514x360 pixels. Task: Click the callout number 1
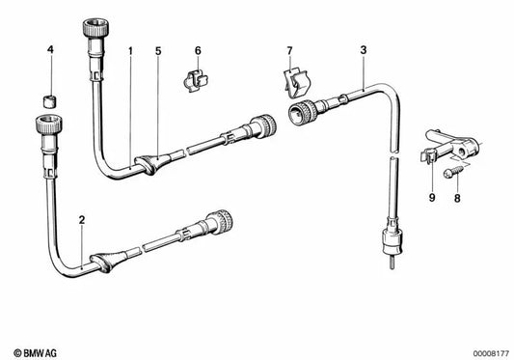(x=130, y=51)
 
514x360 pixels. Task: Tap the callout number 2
(x=82, y=220)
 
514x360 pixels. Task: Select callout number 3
(x=364, y=50)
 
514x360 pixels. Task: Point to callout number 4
(x=50, y=50)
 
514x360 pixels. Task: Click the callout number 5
(x=158, y=51)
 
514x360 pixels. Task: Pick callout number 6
(x=198, y=51)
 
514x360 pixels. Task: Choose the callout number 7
(x=289, y=51)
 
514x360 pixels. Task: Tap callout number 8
(x=457, y=198)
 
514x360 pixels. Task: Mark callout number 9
(x=432, y=198)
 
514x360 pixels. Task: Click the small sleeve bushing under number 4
(x=50, y=101)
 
